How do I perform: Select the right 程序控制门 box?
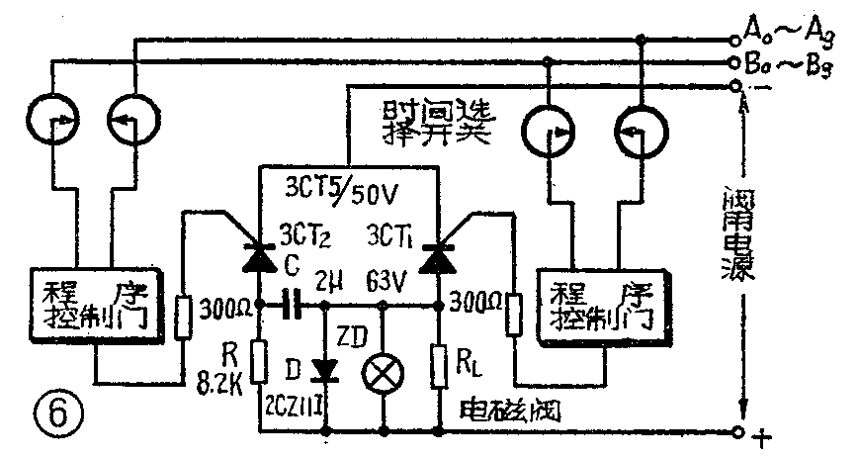601,301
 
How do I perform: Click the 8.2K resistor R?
259,362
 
